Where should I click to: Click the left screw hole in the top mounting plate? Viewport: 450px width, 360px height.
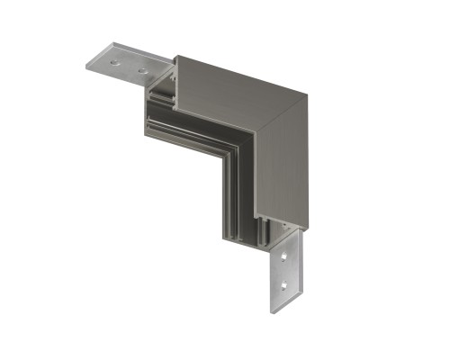coord(117,60)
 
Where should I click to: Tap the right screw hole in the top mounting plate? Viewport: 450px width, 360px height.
coord(141,68)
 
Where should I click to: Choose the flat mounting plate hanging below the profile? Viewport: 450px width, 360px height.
coord(286,270)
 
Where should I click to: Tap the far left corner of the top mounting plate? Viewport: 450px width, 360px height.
coord(86,67)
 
